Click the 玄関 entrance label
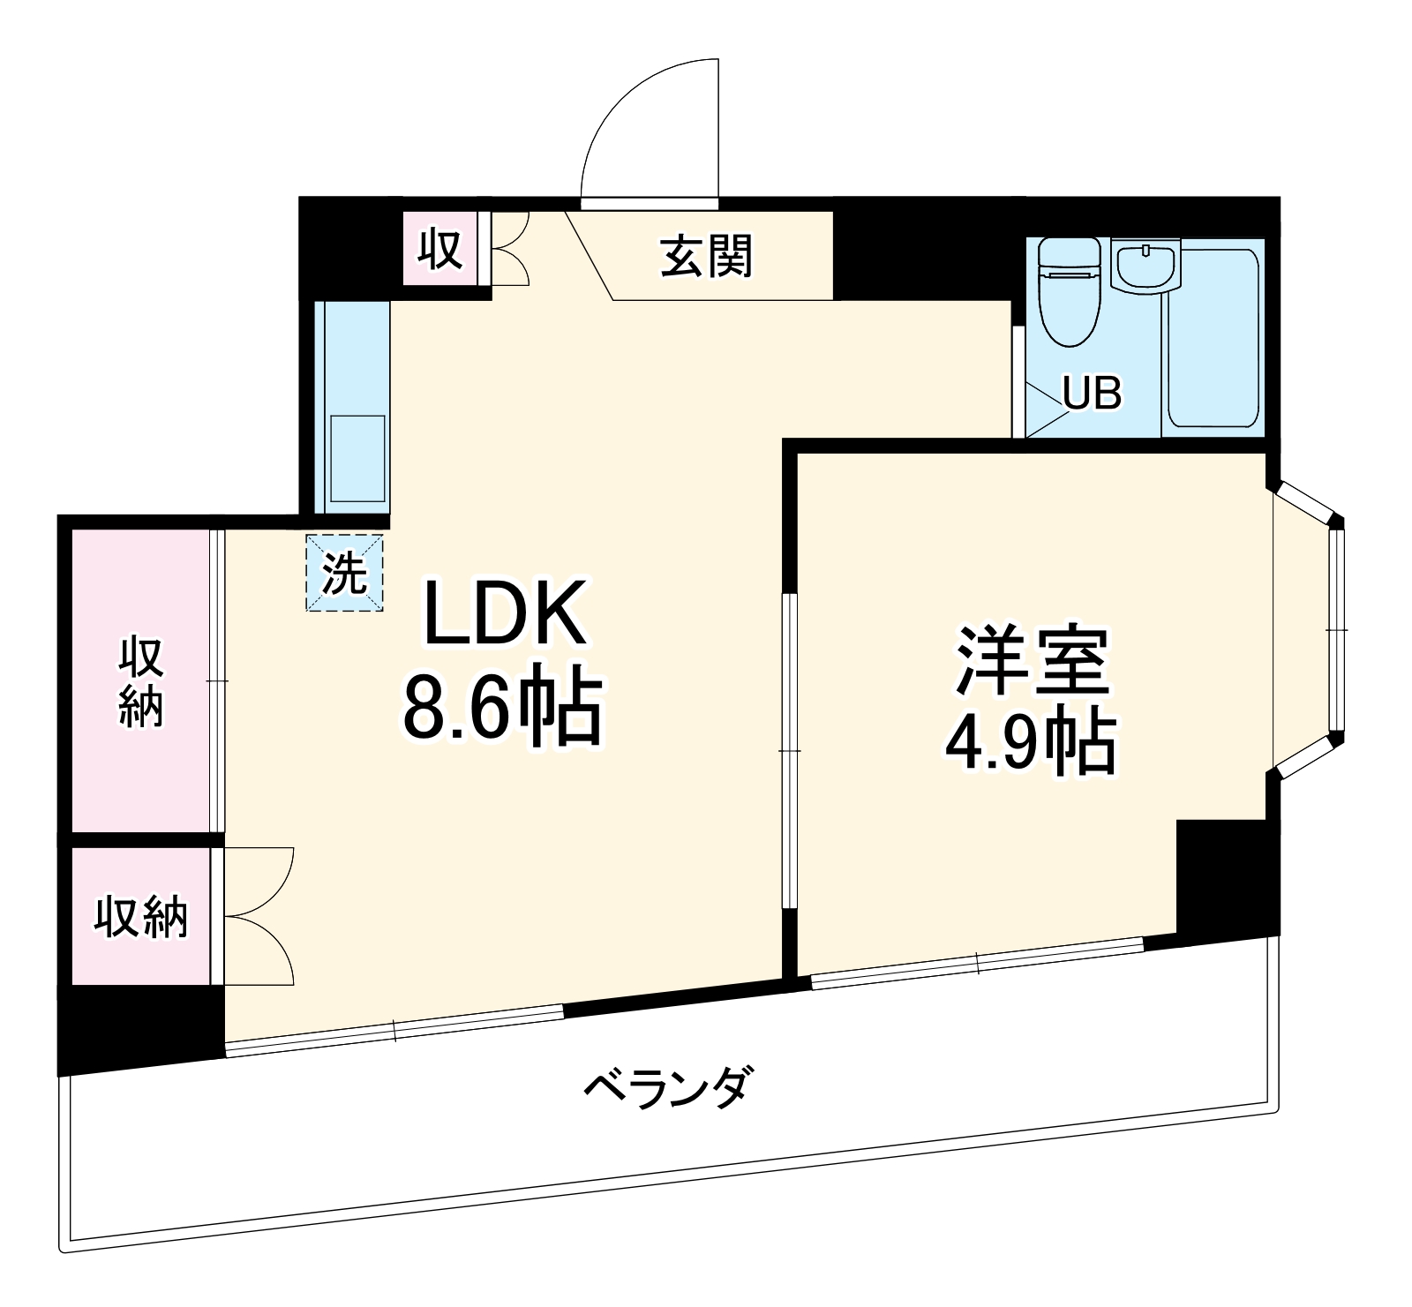(707, 257)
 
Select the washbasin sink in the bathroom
(1145, 266)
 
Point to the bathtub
(1214, 339)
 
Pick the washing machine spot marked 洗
(344, 574)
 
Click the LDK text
(505, 613)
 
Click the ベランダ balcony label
(668, 1088)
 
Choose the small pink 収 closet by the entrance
(439, 249)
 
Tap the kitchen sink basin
(357, 458)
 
